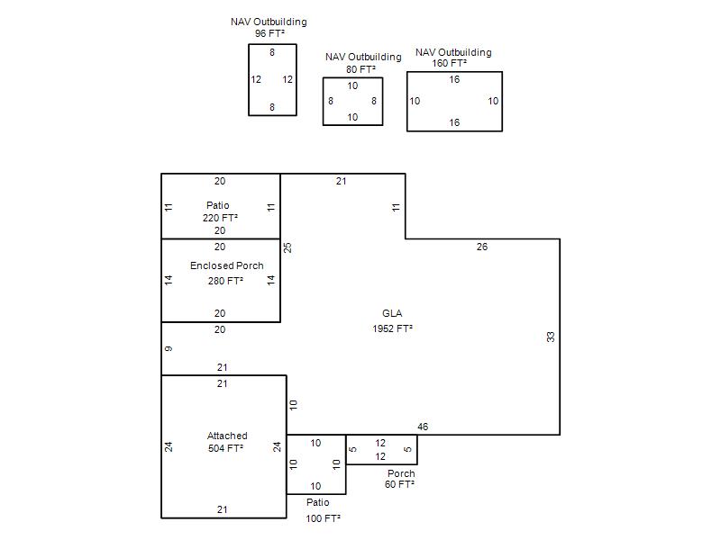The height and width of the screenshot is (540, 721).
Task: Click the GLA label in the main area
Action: tap(392, 313)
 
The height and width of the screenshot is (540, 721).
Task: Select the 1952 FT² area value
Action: tap(392, 328)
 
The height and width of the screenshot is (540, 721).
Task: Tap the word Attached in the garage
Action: tap(227, 436)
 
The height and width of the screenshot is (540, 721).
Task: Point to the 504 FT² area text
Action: tap(225, 448)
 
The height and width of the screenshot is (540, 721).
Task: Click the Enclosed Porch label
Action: tap(227, 265)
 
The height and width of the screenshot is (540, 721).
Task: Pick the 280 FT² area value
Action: tap(225, 281)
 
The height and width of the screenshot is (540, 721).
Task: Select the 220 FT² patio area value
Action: tap(220, 218)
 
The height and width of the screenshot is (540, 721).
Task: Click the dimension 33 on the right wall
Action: tap(551, 337)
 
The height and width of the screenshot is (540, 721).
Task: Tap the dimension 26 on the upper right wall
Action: tap(482, 247)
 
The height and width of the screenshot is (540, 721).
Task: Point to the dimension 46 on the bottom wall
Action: tap(423, 427)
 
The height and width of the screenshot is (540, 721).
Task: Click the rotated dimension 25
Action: tap(287, 247)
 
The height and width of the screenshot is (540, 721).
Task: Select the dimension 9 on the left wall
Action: tap(169, 349)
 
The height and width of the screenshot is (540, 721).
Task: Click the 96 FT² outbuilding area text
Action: tap(269, 33)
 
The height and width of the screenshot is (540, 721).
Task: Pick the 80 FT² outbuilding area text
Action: tap(361, 69)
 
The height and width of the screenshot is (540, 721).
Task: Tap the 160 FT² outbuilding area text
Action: tap(449, 63)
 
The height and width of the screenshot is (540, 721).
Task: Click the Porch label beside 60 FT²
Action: tap(401, 473)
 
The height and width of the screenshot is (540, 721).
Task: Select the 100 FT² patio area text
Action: tap(323, 518)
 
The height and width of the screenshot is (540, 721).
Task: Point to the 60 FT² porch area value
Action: tap(399, 484)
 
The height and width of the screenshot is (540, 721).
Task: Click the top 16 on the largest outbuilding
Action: tap(454, 79)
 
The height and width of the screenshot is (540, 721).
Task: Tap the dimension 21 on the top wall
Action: tap(341, 181)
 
